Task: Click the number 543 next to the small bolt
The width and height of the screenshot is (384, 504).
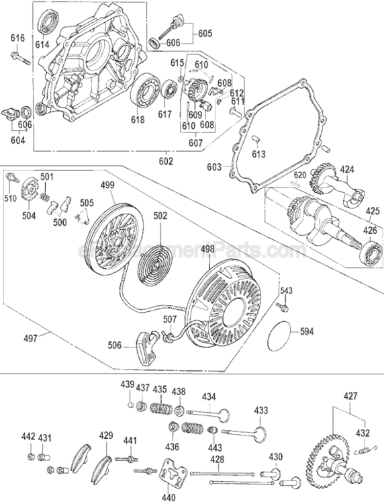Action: point(286,290)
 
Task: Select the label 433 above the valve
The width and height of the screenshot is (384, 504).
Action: point(260,410)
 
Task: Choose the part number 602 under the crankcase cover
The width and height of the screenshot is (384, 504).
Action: point(165,161)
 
